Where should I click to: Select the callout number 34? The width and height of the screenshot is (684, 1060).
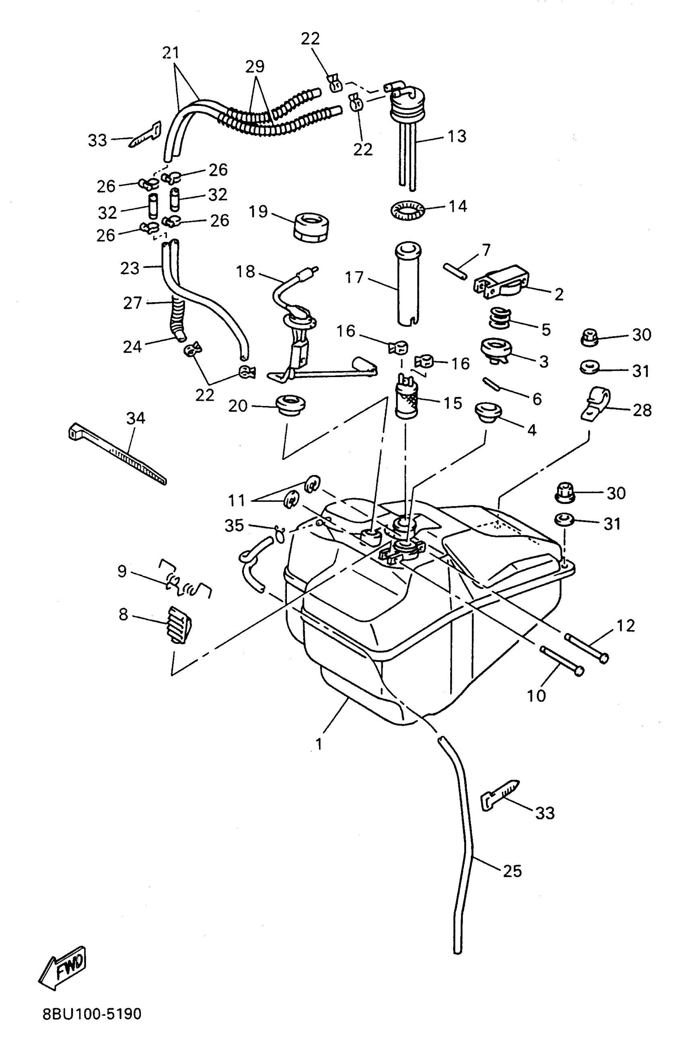(x=136, y=418)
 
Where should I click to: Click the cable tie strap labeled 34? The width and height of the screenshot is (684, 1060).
(x=118, y=454)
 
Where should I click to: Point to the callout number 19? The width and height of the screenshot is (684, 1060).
(x=258, y=211)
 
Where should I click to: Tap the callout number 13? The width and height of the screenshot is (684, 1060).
(x=457, y=136)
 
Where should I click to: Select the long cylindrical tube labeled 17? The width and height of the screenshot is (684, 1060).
(x=408, y=285)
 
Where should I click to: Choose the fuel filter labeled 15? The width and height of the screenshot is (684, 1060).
(x=407, y=398)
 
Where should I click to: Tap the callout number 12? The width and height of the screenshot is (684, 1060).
(x=626, y=625)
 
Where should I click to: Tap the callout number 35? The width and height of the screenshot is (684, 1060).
(x=234, y=525)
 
